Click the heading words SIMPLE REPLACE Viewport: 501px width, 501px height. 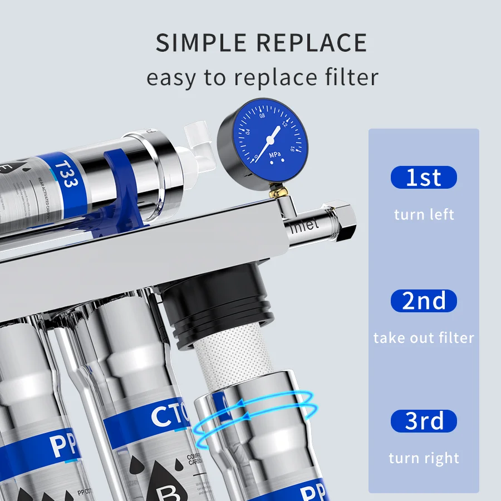(x=261, y=43)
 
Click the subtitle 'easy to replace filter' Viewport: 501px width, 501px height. (x=262, y=77)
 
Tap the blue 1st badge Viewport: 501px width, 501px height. (x=424, y=178)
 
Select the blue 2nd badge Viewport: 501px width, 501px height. (x=424, y=301)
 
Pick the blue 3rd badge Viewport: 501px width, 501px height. (x=424, y=421)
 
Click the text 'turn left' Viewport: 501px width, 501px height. (x=424, y=214)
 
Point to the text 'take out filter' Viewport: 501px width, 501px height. (x=424, y=338)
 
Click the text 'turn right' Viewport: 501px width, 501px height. (x=424, y=458)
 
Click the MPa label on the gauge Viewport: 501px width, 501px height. (x=274, y=154)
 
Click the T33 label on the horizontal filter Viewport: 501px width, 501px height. (x=66, y=173)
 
